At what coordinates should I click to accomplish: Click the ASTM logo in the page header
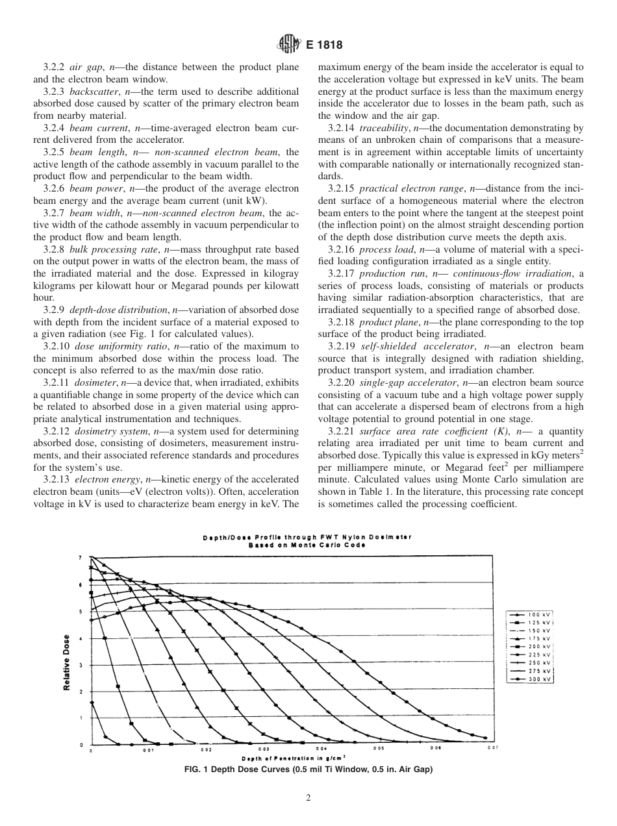[x=286, y=45]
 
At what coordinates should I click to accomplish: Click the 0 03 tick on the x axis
[x=264, y=749]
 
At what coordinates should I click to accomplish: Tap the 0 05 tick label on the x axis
[x=379, y=749]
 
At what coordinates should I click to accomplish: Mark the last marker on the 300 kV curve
[x=485, y=738]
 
